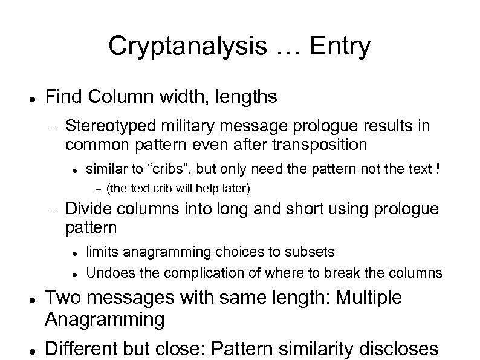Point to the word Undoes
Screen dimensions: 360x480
pyautogui.click(x=106, y=272)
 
